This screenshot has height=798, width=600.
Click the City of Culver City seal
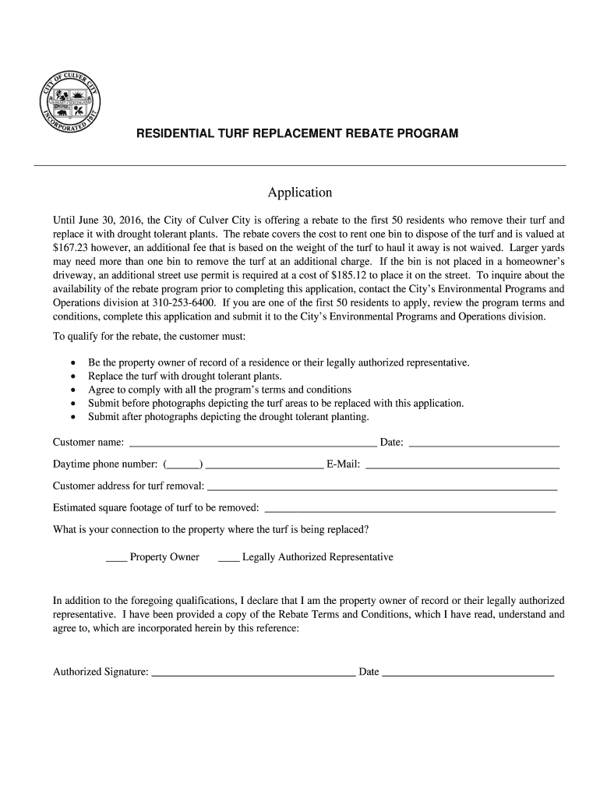tap(69, 106)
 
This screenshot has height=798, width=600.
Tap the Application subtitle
tap(300, 192)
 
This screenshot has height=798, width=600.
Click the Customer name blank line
tap(252, 444)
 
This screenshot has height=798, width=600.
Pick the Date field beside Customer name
tap(484, 444)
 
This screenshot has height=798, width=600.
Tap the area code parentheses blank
tap(184, 465)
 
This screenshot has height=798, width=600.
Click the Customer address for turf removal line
tap(382, 488)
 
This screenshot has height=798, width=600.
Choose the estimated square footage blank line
tap(410, 510)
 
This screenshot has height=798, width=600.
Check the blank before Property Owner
tap(116, 559)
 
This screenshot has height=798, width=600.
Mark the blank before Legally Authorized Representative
tap(229, 559)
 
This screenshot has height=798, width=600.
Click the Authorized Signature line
tap(253, 673)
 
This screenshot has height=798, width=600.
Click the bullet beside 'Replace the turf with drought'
tap(72, 376)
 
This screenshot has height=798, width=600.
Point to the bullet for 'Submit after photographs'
tap(72, 417)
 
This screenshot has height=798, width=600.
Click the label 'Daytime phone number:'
tap(105, 465)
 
